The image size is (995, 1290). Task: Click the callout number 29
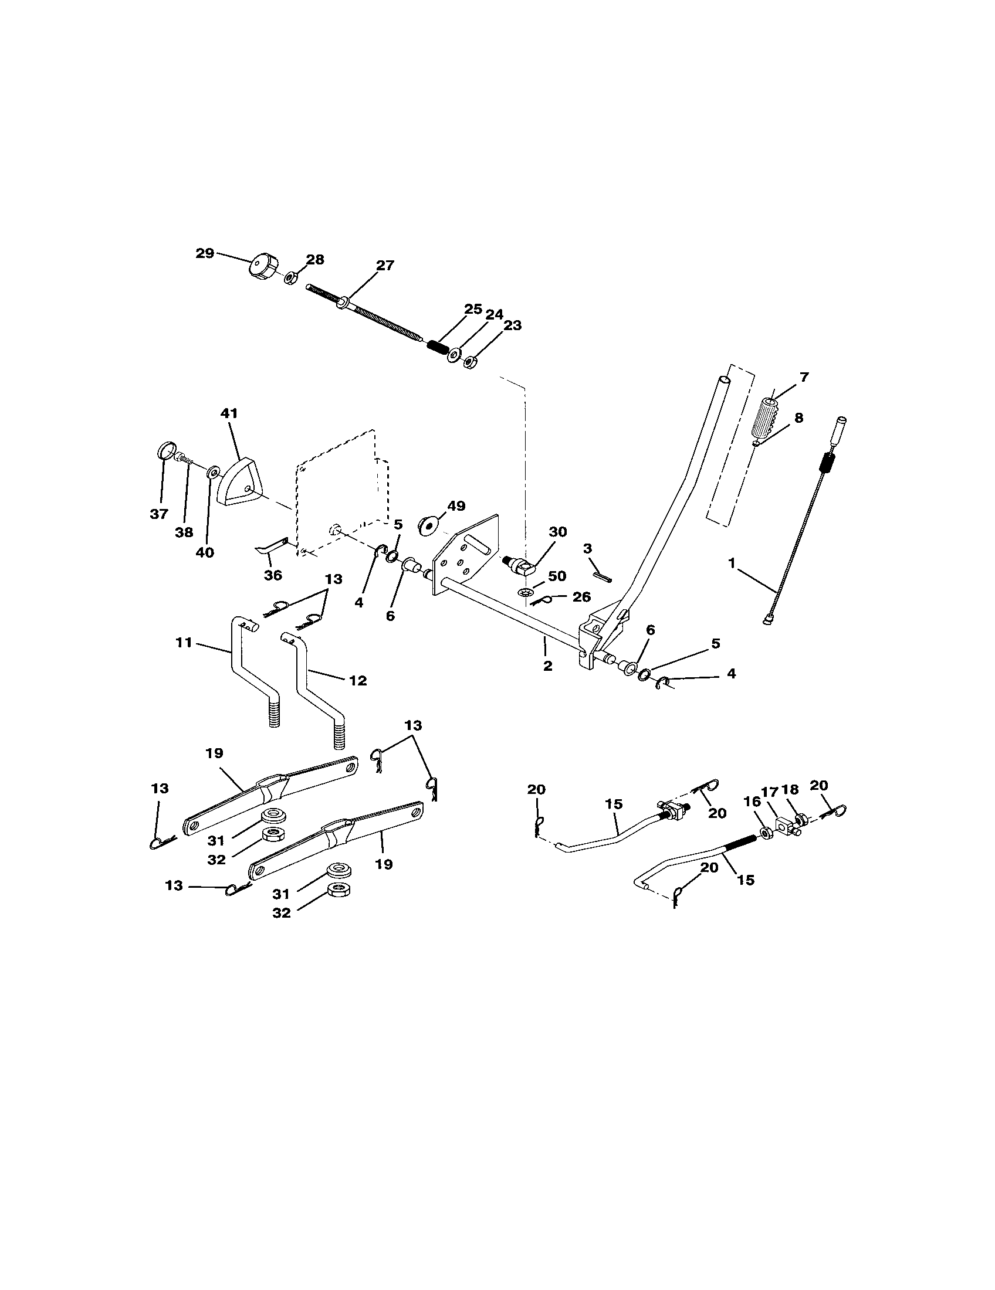click(204, 253)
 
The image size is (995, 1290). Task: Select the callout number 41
click(229, 413)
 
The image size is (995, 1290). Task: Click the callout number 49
click(455, 505)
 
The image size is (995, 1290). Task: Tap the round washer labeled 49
click(426, 525)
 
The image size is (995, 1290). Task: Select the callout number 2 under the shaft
click(547, 666)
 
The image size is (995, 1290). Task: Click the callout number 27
click(385, 266)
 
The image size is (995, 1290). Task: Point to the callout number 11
click(184, 642)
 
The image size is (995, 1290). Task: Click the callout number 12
click(357, 680)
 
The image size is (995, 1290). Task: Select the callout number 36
click(272, 575)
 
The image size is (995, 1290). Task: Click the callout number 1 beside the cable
click(732, 563)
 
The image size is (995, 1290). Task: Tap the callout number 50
click(557, 576)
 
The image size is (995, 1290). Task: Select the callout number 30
click(557, 532)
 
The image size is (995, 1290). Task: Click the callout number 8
click(798, 417)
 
